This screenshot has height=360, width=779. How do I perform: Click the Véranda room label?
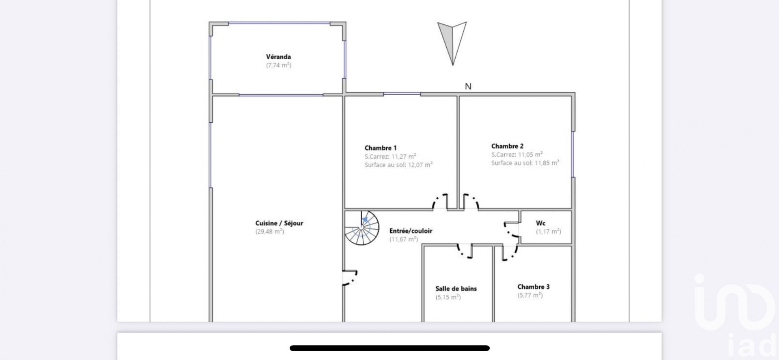coord(278,57)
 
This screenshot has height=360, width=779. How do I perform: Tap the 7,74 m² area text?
coord(279,65)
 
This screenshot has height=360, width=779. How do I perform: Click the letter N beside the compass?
coord(468,86)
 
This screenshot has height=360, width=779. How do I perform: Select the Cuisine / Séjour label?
coord(279,223)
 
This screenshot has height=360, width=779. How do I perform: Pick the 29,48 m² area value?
coord(269,232)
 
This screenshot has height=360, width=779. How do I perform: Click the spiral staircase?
coord(362,228)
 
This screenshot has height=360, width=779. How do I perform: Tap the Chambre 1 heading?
coord(381,148)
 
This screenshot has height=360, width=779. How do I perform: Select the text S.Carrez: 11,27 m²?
coord(390,157)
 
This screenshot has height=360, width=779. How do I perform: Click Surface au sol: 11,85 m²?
coord(525,163)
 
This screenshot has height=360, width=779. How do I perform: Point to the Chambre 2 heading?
coord(507,146)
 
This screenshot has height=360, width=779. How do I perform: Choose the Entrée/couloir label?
coord(411,231)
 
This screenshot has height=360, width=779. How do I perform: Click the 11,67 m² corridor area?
coord(404,239)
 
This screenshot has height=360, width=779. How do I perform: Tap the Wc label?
coord(540,223)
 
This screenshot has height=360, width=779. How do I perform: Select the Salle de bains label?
coord(456,289)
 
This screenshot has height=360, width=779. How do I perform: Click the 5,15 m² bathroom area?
coord(448,297)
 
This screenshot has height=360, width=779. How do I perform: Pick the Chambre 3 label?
coord(533,287)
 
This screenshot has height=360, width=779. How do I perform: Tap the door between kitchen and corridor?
coord(350,278)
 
